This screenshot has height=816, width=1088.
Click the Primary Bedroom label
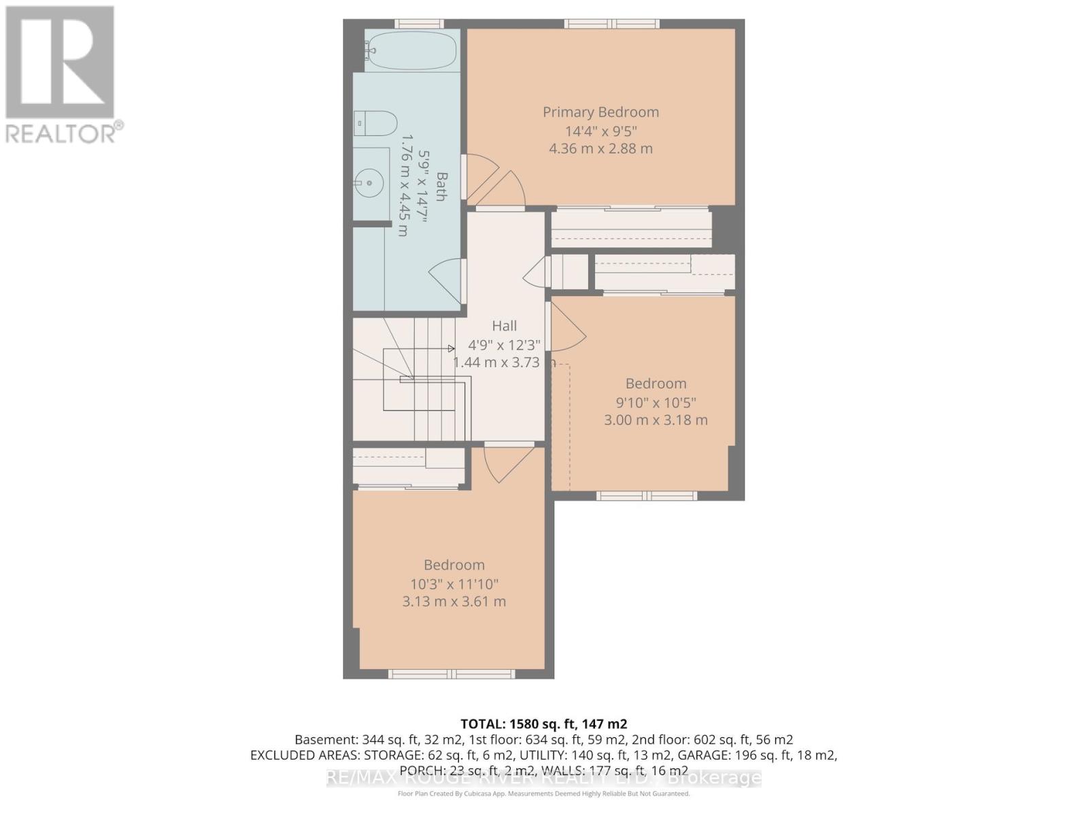click(600, 112)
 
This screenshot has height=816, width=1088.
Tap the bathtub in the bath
click(412, 50)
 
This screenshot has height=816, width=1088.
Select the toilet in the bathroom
click(375, 124)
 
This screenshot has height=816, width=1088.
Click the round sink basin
click(370, 182)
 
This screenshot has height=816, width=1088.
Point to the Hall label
click(504, 326)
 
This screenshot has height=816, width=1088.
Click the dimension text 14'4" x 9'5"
click(600, 131)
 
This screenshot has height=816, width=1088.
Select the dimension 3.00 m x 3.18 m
click(656, 420)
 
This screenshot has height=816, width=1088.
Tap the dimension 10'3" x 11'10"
click(454, 584)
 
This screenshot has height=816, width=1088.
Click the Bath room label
click(441, 187)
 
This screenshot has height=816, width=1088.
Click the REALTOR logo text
click(64, 133)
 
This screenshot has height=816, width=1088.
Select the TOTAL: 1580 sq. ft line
click(543, 724)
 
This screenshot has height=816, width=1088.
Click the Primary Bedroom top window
click(612, 24)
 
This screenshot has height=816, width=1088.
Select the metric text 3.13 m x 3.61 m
click(454, 602)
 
